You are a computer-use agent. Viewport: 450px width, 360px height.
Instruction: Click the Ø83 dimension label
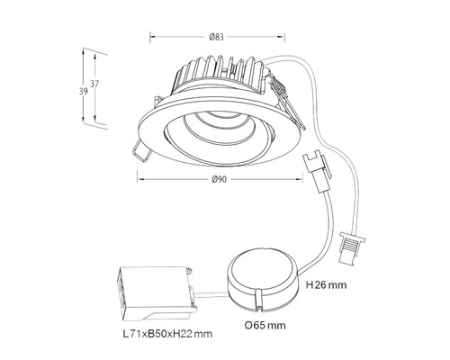[216, 37]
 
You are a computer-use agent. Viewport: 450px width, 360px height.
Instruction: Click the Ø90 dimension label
[219, 179]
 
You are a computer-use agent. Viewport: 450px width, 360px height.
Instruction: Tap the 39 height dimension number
[84, 91]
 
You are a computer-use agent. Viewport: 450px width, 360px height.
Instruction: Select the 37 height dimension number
[94, 84]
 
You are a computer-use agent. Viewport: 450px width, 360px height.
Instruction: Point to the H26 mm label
[326, 284]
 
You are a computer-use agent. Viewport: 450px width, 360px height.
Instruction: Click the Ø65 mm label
[265, 325]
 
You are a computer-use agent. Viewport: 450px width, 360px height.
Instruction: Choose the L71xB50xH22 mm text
[167, 334]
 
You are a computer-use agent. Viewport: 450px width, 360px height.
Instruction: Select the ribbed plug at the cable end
[352, 247]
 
